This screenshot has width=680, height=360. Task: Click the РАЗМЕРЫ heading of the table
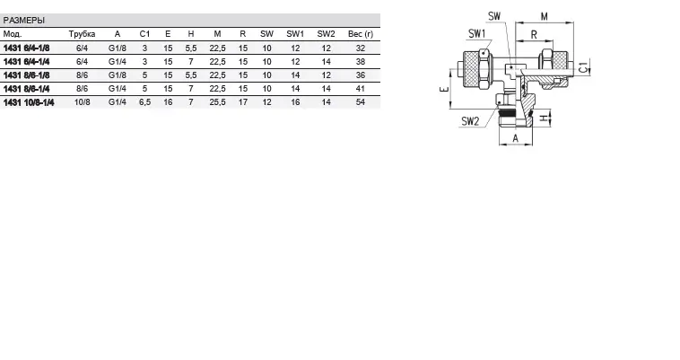click(24, 20)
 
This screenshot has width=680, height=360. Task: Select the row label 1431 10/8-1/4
click(29, 103)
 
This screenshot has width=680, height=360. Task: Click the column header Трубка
click(82, 33)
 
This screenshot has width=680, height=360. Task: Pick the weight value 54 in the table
click(361, 103)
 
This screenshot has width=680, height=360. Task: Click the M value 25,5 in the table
click(217, 103)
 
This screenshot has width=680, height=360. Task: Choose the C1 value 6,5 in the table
click(144, 103)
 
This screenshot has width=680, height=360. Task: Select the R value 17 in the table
click(242, 103)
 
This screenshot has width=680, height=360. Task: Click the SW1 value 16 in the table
click(295, 103)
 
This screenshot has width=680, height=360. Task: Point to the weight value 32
click(361, 47)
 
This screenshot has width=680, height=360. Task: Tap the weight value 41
click(361, 90)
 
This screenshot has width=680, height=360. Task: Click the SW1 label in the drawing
click(477, 33)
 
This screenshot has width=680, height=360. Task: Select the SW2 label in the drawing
click(471, 120)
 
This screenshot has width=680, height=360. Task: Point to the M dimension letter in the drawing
click(544, 15)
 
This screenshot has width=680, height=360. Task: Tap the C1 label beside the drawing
click(584, 67)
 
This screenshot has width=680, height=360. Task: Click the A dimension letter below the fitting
click(514, 151)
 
